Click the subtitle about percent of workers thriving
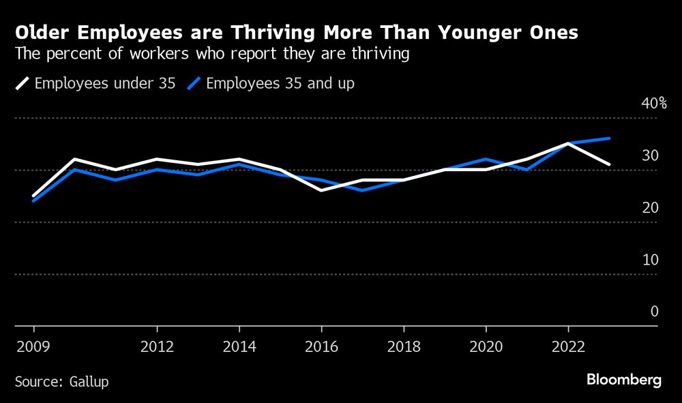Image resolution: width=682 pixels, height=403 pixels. (x=212, y=54)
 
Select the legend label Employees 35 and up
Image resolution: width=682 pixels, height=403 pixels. (x=280, y=84)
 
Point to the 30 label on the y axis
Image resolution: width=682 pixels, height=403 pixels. (x=650, y=155)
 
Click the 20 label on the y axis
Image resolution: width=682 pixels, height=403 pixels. (x=650, y=208)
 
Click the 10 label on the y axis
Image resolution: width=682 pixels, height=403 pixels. (x=650, y=260)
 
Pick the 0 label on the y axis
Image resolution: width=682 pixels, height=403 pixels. (x=654, y=312)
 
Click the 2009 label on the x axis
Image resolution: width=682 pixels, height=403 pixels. (x=33, y=346)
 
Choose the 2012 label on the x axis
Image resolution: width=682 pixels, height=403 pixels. (x=157, y=346)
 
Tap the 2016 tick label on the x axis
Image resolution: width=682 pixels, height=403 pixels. (x=321, y=346)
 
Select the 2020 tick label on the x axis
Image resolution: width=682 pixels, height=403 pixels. (x=486, y=346)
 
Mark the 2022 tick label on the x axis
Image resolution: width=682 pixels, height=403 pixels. (x=568, y=346)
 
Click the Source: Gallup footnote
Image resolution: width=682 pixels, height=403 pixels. (x=61, y=381)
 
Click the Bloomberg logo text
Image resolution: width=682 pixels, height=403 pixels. (x=623, y=380)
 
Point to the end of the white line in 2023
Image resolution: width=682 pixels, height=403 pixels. (x=609, y=164)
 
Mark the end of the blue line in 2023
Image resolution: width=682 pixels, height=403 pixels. (x=609, y=138)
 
